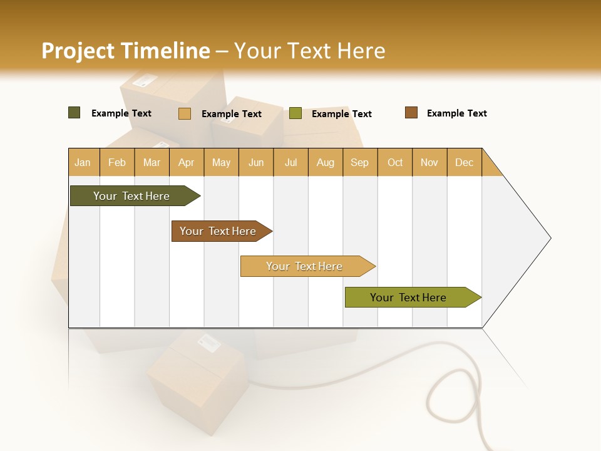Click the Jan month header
(83, 162)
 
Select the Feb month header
(117, 162)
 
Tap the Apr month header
(186, 162)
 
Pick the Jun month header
(256, 162)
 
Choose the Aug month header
(325, 162)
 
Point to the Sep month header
(359, 162)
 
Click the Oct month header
(395, 162)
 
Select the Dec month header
(464, 162)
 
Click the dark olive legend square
(74, 113)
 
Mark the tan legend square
(185, 113)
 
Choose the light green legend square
(295, 113)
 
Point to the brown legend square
(411, 113)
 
